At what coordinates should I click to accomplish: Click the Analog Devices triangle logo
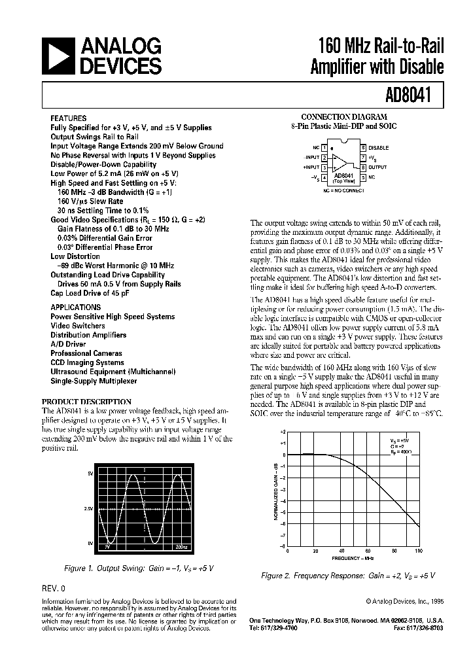pyautogui.click(x=58, y=56)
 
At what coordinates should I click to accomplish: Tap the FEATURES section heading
pyautogui.click(x=68, y=120)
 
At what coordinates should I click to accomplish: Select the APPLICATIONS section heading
pyautogui.click(x=76, y=307)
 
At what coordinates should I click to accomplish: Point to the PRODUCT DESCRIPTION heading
pyautogui.click(x=86, y=402)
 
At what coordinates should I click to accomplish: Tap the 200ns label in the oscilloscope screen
pyautogui.click(x=181, y=544)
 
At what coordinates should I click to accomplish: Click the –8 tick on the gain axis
pyautogui.click(x=282, y=546)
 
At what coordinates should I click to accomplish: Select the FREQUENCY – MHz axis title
pyautogui.click(x=353, y=559)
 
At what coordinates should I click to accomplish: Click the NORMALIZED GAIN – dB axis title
pyautogui.click(x=275, y=489)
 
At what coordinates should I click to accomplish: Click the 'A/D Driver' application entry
pyautogui.click(x=68, y=344)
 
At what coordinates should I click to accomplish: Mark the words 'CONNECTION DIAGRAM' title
pyautogui.click(x=343, y=116)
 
